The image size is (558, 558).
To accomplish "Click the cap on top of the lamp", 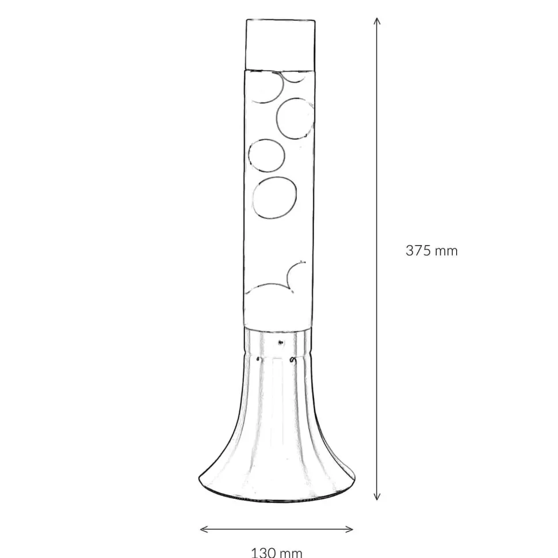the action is (280, 44).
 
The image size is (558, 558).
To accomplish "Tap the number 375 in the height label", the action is (418, 251).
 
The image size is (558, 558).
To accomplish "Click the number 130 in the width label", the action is (263, 553).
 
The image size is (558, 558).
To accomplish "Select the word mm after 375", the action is (446, 252).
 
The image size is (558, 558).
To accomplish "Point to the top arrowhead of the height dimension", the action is (377, 21).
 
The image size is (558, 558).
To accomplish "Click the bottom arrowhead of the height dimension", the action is (377, 496).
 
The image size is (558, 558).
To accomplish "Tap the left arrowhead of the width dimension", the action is (204, 529).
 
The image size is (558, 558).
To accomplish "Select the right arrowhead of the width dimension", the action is (349, 529).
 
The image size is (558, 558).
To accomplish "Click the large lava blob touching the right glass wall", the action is (295, 118).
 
